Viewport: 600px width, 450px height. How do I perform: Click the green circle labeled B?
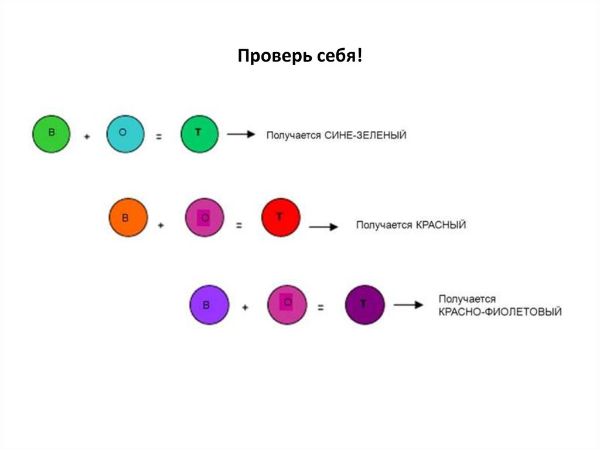pyautogui.click(x=51, y=134)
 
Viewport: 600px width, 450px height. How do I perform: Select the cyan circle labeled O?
pyautogui.click(x=125, y=134)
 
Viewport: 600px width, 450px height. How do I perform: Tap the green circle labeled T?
pyautogui.click(x=199, y=134)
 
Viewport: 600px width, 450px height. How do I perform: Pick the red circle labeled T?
pyautogui.click(x=280, y=218)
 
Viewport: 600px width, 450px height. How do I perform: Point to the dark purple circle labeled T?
pyautogui.click(x=364, y=304)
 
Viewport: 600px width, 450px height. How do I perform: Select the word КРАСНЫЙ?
pyautogui.click(x=441, y=225)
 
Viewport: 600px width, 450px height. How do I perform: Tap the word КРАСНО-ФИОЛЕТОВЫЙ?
pyautogui.click(x=500, y=312)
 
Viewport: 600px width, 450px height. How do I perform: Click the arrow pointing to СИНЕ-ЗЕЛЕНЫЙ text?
pyautogui.click(x=241, y=134)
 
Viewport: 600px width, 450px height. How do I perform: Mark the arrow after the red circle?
pyautogui.click(x=323, y=226)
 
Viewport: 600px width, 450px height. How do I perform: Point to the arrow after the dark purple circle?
pyautogui.click(x=408, y=305)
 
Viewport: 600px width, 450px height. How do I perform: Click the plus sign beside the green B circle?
pyautogui.click(x=87, y=136)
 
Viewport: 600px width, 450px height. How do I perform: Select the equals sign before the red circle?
pyautogui.click(x=238, y=225)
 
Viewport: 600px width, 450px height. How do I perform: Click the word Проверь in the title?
pyautogui.click(x=266, y=57)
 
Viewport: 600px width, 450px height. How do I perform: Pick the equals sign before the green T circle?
pyautogui.click(x=159, y=136)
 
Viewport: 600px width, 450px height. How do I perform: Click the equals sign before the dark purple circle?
pyautogui.click(x=321, y=307)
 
